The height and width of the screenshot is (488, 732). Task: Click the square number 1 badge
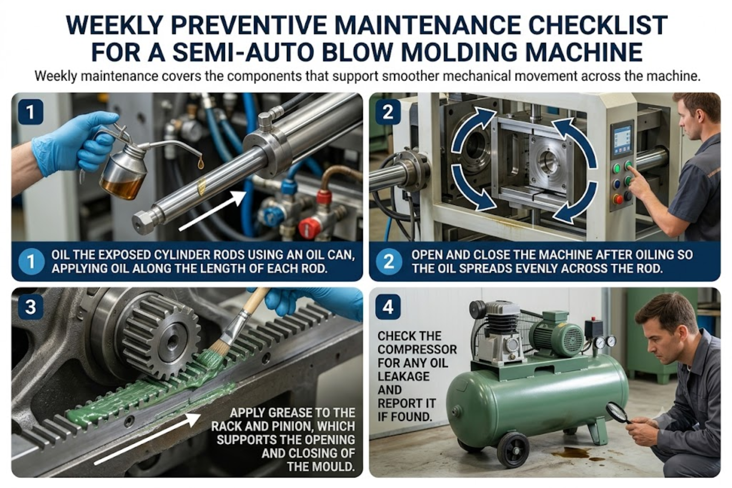point(30,112)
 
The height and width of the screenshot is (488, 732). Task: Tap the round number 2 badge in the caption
point(388,262)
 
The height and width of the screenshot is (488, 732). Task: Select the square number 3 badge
point(30,307)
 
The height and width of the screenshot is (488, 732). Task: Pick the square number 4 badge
point(388,307)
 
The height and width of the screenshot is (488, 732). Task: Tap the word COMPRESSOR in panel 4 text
point(417,349)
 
